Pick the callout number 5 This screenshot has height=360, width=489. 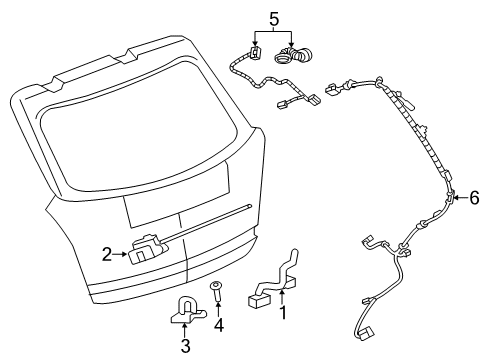(271, 17)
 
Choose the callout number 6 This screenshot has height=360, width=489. (474, 199)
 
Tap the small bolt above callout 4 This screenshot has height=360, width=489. (216, 293)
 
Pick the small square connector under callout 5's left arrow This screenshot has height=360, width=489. (255, 53)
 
